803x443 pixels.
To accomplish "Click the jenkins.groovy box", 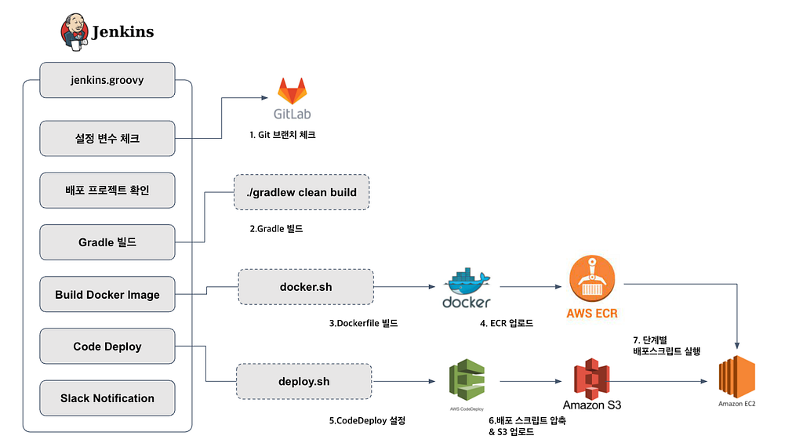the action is tap(107, 80).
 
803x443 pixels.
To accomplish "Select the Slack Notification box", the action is tap(107, 398).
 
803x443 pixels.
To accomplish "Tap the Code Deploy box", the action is tap(107, 347).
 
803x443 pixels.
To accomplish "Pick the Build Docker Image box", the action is tap(107, 295).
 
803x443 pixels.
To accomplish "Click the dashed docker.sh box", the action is tap(306, 287).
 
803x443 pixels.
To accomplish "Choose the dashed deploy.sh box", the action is tap(303, 382).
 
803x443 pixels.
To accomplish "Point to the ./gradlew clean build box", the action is tap(302, 192).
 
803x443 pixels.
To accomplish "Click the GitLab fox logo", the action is tap(292, 91).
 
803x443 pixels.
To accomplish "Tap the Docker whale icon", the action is tap(467, 281).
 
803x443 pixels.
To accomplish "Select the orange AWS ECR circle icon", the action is tap(592, 278).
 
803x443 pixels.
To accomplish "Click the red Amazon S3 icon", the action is tap(591, 379).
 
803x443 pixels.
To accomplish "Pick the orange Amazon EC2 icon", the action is tap(737, 377).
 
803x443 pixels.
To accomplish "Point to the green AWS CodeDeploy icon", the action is tap(467, 379).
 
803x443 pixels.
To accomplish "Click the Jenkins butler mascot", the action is tap(74, 31).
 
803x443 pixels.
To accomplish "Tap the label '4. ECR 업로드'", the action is tap(507, 323).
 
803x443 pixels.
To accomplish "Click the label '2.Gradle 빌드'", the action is tap(276, 228).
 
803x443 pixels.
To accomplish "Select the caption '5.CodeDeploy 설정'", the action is tap(367, 420).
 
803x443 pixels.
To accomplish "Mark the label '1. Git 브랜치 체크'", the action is tap(282, 135).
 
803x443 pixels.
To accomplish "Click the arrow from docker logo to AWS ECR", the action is tap(531, 287).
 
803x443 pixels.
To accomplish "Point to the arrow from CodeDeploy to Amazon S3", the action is tap(531, 381).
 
